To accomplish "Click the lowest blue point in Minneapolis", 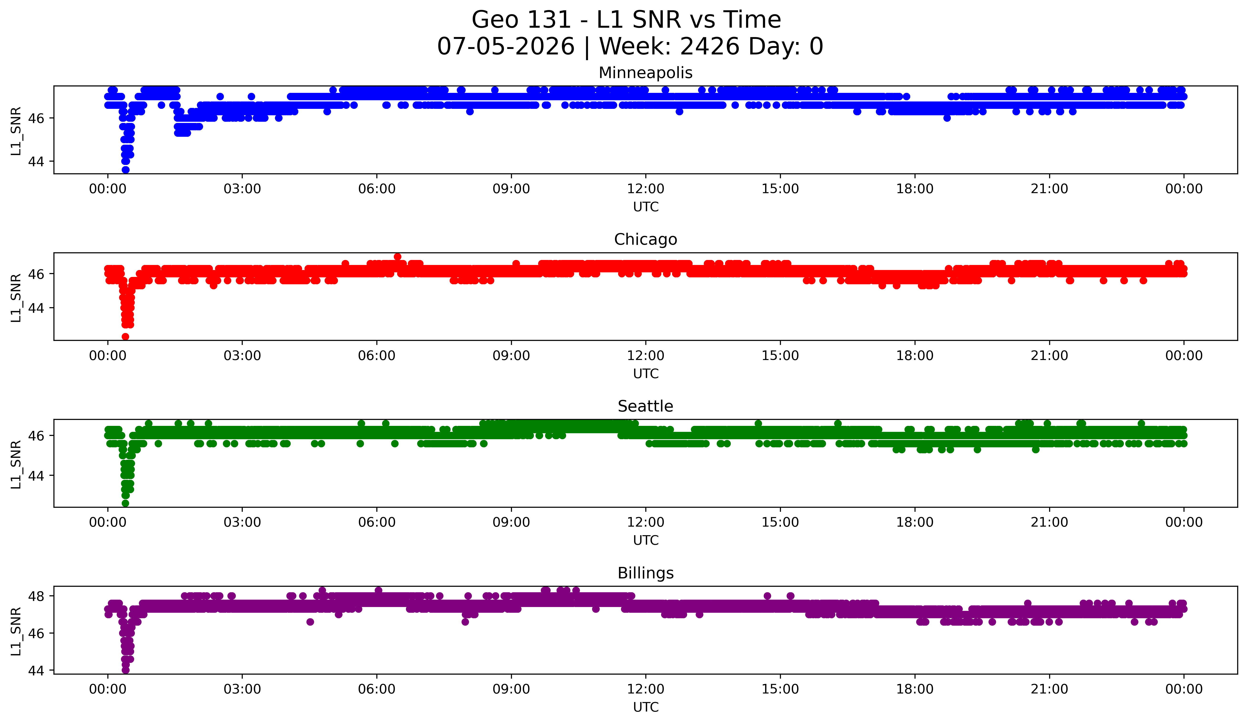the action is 125,170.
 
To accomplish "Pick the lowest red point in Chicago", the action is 125,337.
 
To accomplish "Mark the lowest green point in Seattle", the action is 125,503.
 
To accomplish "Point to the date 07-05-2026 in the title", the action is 506,47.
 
